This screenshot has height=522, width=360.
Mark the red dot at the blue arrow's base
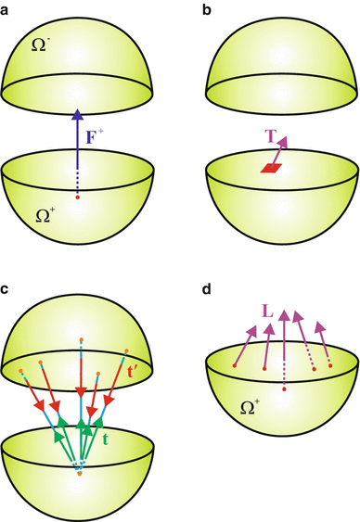77,197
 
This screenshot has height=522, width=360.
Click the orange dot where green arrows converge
78,474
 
